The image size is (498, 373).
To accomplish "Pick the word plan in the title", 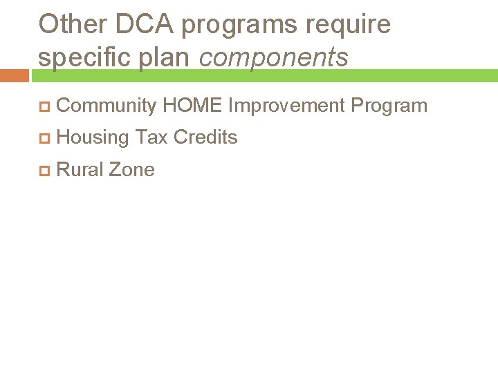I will tap(165, 58).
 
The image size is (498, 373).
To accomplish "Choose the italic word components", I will tap(274, 58).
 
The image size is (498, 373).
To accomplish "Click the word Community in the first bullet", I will tap(107, 106).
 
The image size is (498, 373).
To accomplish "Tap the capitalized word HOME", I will tap(192, 106).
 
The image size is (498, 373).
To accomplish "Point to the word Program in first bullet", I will tap(389, 106).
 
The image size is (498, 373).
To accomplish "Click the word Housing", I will tap(93, 137).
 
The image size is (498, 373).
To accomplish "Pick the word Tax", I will tap(151, 137).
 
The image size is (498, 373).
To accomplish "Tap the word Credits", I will tap(205, 137).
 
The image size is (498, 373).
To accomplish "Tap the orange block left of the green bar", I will tap(14, 75).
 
